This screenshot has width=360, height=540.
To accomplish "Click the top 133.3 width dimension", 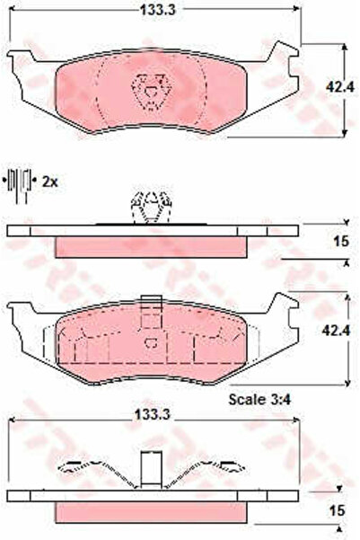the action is coord(158,10).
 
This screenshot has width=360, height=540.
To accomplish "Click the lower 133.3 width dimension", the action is coord(152,414).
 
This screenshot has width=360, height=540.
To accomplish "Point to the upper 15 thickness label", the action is coord(341,241).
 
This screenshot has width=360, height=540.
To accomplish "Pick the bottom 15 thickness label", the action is coord(337,510).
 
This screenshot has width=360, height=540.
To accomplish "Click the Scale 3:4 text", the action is coord(259,400).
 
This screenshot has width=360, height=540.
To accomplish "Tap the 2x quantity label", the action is coord(50,181).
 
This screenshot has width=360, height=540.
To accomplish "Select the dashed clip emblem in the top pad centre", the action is coord(151,92).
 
